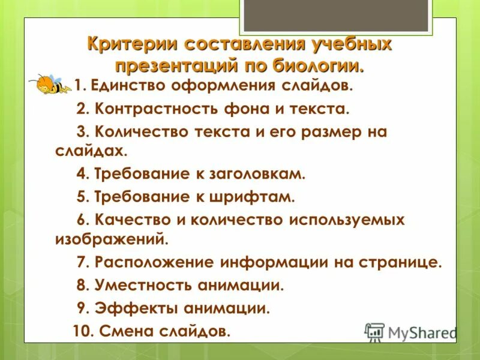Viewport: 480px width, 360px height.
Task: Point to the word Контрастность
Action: (152, 109)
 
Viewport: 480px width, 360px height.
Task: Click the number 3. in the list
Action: (83, 133)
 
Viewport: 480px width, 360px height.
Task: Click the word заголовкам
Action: (259, 174)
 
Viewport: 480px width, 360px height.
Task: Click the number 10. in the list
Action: (82, 331)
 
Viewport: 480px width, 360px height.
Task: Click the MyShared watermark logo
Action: (411, 332)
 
